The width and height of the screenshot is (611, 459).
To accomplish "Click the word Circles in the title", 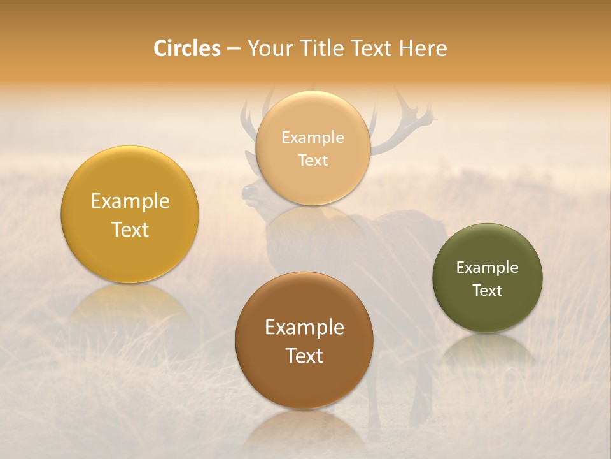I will click(187, 48).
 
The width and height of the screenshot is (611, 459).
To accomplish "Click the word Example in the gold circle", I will click(130, 201).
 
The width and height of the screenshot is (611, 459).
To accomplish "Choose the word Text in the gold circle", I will click(130, 230).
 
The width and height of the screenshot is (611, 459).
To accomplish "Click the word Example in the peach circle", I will click(313, 138).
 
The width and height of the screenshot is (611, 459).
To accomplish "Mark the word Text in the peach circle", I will click(313, 161).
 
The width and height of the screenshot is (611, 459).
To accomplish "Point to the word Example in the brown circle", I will click(304, 328).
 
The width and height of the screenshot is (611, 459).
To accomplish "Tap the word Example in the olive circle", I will click(488, 268).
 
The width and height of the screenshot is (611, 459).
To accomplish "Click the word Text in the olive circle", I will click(488, 291).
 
